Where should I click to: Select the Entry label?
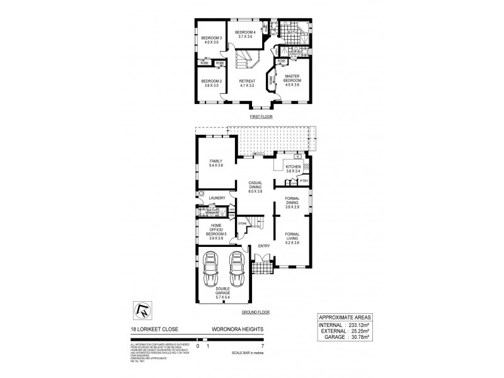click(265, 246)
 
